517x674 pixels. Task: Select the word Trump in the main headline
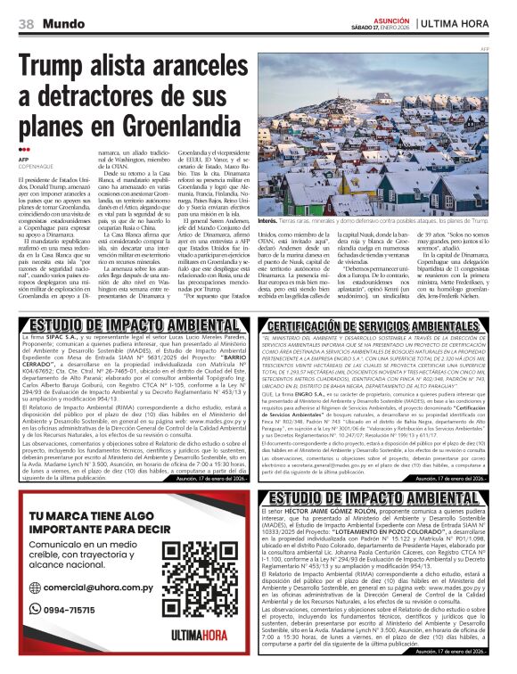59,67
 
